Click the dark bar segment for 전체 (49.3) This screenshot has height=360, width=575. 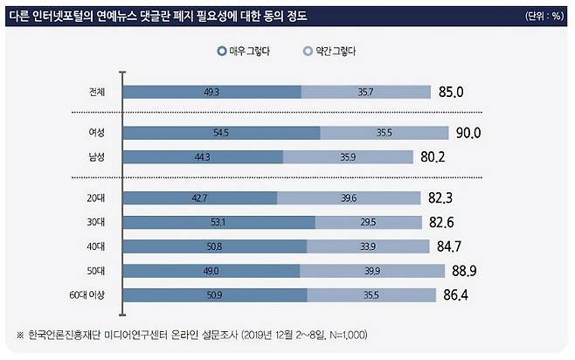pos(213,91)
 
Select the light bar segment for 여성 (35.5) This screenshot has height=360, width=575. pos(379,132)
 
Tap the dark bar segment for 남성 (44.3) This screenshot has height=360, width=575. pos(204,156)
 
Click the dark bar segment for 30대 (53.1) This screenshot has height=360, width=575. pos(219,222)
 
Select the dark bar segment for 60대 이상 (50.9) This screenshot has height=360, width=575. pos(216,294)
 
